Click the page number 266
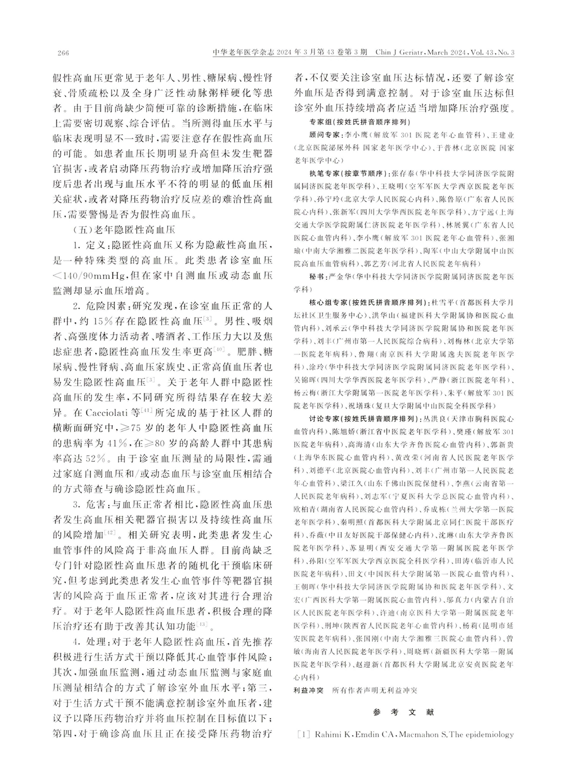pyautogui.click(x=63, y=53)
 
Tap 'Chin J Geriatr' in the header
pyautogui.click(x=397, y=53)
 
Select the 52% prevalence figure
pyautogui.click(x=98, y=457)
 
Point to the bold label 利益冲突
pyautogui.click(x=309, y=690)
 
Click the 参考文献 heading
pyautogui.click(x=403, y=712)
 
